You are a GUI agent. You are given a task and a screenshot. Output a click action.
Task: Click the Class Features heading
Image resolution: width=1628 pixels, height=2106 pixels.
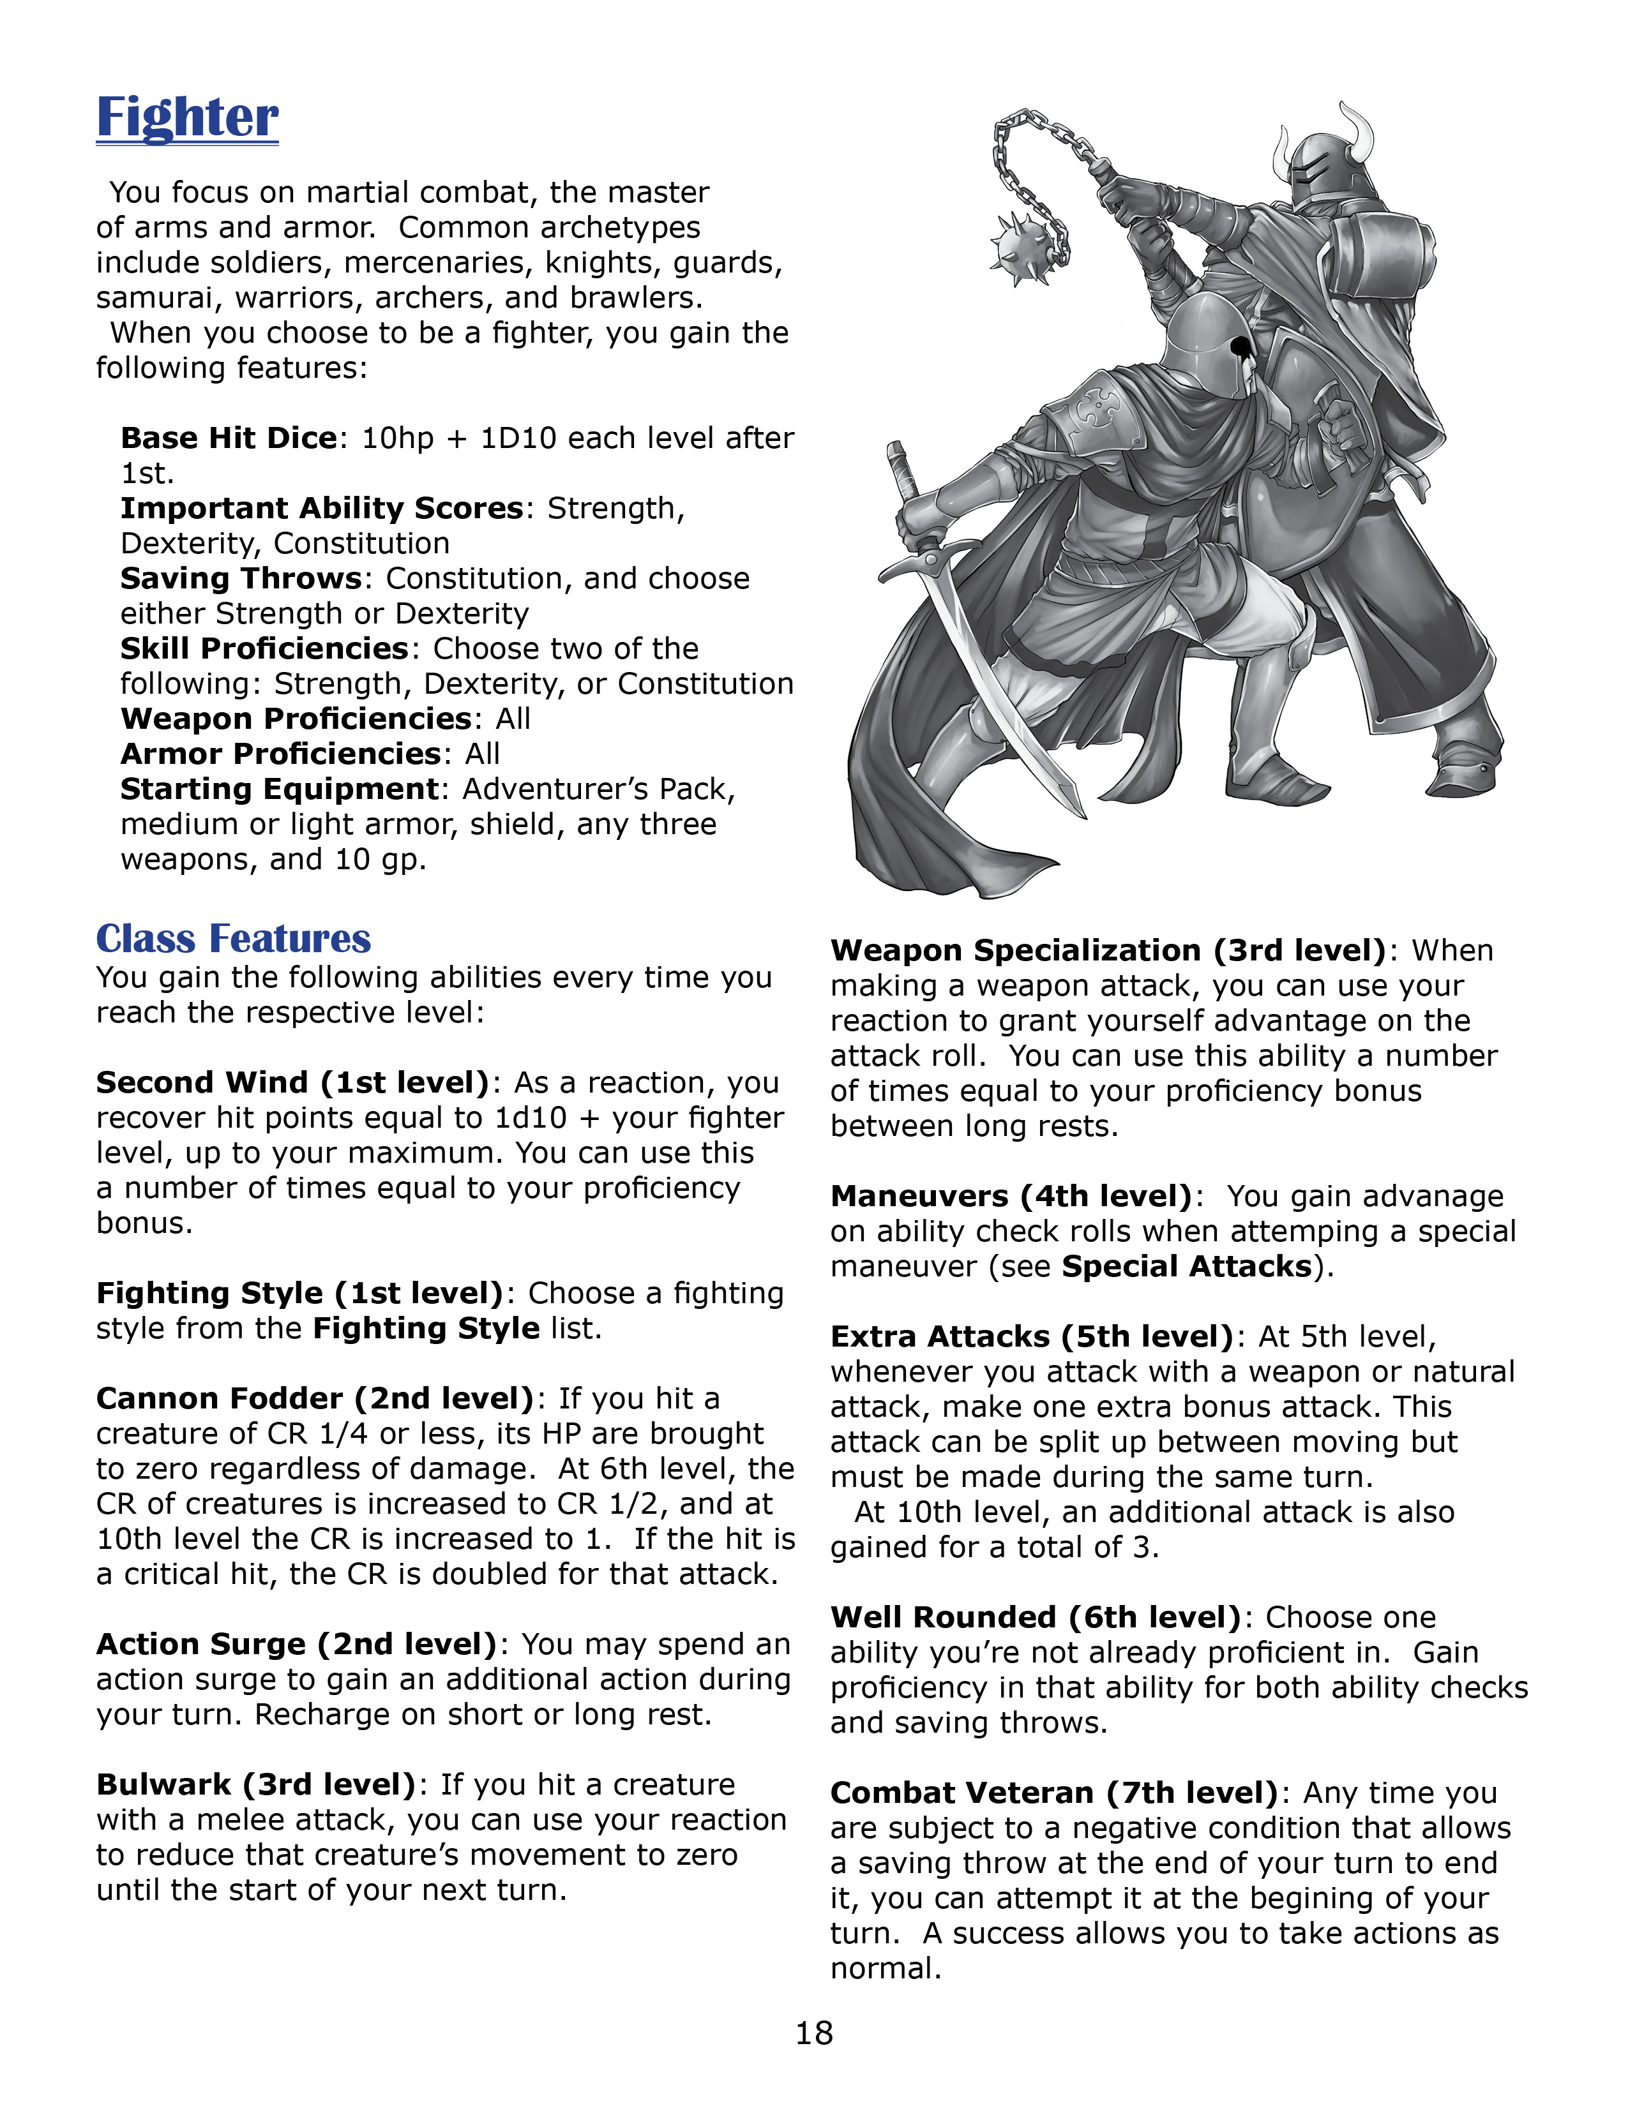coord(234,938)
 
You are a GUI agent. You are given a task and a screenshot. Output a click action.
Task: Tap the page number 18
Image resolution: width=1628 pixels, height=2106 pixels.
coord(814,2033)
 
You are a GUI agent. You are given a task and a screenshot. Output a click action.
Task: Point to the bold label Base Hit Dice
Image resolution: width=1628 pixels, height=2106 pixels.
coord(229,438)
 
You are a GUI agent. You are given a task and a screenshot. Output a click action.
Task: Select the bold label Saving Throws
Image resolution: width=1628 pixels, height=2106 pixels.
coord(240,579)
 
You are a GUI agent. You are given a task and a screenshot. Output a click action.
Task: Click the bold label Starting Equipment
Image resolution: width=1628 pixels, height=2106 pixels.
coord(280,789)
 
